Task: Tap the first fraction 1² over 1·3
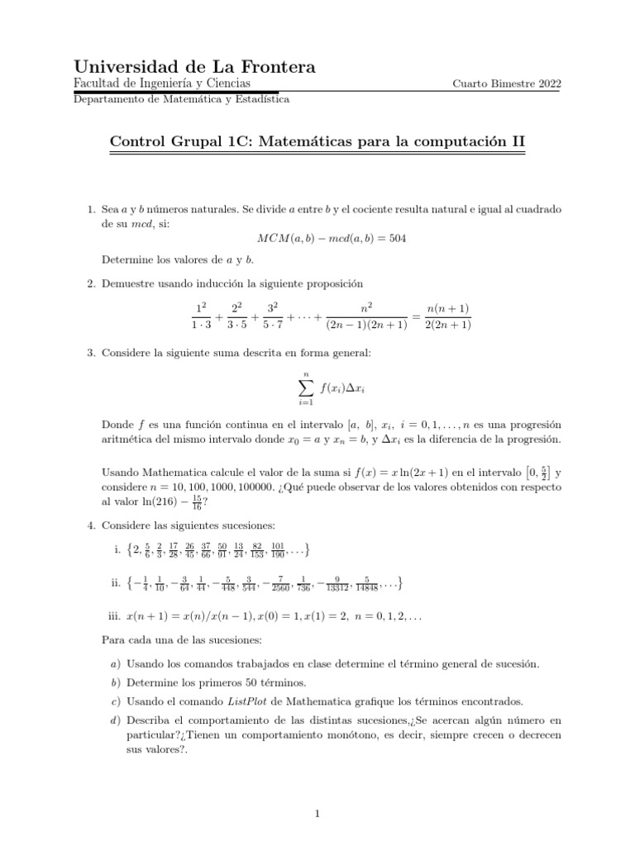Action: click(x=199, y=316)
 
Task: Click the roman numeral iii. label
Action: click(x=115, y=616)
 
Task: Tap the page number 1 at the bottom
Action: click(x=317, y=814)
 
